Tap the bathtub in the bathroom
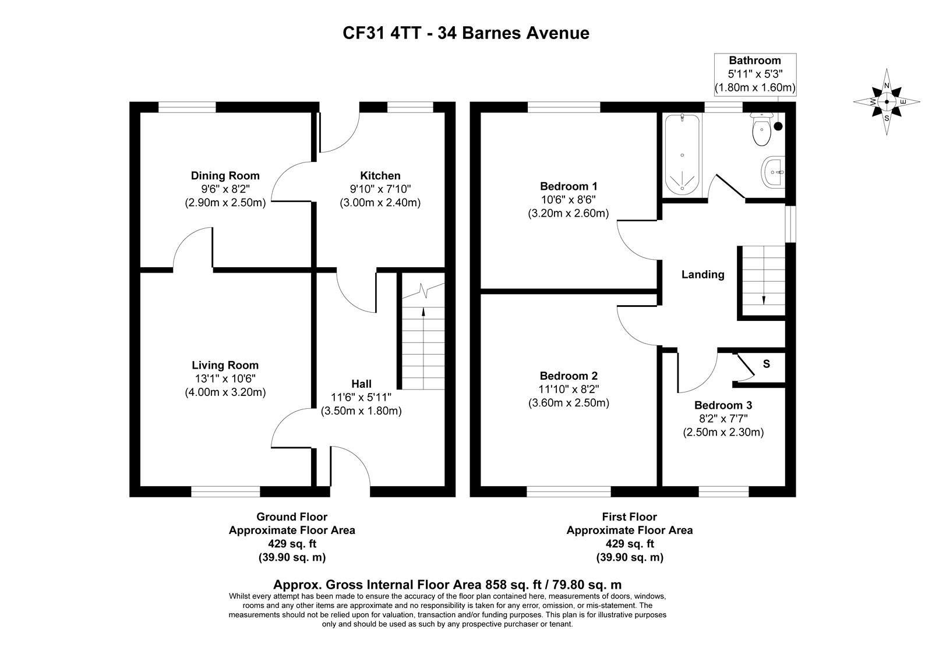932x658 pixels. [x=682, y=155]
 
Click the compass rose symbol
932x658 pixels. [x=886, y=101]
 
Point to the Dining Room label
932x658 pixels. [x=225, y=175]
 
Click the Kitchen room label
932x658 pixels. [x=380, y=175]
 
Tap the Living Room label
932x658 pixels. [x=225, y=365]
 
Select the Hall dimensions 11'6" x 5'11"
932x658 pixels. [x=361, y=397]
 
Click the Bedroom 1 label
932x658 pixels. [x=569, y=186]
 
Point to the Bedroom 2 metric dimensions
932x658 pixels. [x=569, y=402]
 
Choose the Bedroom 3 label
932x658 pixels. [x=723, y=405]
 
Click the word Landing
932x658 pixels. [x=702, y=274]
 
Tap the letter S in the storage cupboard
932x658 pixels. [x=767, y=364]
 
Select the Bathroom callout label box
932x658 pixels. [x=755, y=74]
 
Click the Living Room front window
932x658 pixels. [x=225, y=491]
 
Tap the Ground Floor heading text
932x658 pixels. [x=292, y=517]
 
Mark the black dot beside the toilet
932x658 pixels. [x=778, y=126]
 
